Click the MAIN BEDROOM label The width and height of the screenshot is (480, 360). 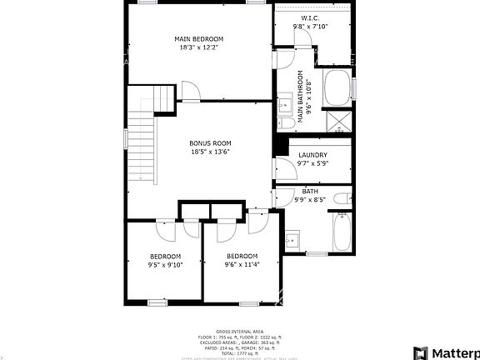[x=198, y=39]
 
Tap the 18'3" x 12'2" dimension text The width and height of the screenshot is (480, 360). [x=198, y=47]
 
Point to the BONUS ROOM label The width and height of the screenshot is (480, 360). [x=210, y=143]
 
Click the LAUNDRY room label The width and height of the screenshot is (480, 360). [x=312, y=155]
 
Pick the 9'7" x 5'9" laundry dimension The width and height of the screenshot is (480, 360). [x=312, y=163]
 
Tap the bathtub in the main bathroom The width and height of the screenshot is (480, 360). [x=337, y=89]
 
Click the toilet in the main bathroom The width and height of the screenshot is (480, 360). [x=285, y=122]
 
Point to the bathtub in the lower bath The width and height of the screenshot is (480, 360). [x=342, y=232]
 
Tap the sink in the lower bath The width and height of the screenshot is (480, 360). [x=292, y=240]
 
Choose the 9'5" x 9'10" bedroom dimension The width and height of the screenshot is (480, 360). [x=165, y=264]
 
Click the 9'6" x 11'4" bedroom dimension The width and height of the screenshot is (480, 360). [x=242, y=264]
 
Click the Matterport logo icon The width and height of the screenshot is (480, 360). [x=422, y=352]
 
